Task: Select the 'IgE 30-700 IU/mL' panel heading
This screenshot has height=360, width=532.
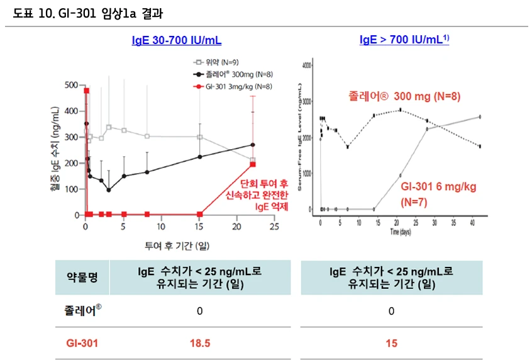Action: pyautogui.click(x=176, y=40)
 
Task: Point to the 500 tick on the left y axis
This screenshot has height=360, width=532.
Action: pyautogui.click(x=70, y=85)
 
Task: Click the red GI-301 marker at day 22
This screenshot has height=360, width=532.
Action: pyautogui.click(x=253, y=164)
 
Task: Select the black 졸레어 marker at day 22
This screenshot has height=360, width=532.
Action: pyautogui.click(x=253, y=145)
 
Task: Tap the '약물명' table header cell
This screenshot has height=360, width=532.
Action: pyautogui.click(x=82, y=278)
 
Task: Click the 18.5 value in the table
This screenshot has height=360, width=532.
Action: pyautogui.click(x=199, y=344)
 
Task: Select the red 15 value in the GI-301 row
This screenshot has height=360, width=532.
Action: pyautogui.click(x=391, y=344)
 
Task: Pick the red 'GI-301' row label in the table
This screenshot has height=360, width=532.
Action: pyautogui.click(x=82, y=344)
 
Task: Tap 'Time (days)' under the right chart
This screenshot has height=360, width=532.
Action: pyautogui.click(x=401, y=232)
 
